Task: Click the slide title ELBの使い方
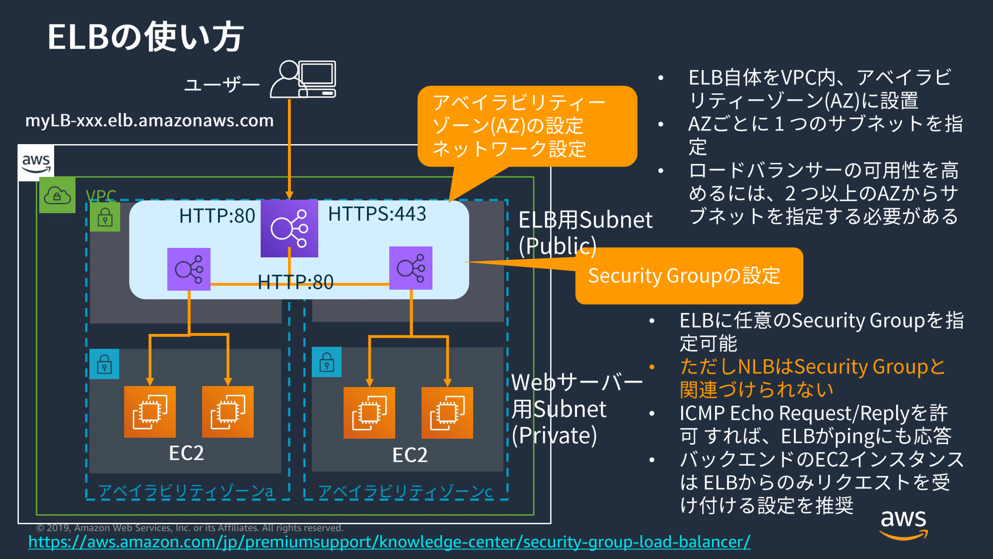tap(145, 37)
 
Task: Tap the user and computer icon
tap(303, 80)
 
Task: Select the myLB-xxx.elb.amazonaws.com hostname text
tap(149, 121)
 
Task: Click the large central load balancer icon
tap(289, 229)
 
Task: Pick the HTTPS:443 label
tap(377, 214)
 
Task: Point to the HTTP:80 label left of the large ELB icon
tap(217, 216)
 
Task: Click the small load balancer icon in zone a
tap(189, 269)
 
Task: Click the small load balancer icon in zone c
tap(411, 268)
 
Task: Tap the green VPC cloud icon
tap(57, 195)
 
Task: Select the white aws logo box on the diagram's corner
tap(36, 162)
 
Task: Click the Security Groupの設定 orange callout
tap(689, 276)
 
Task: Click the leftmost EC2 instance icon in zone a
tap(149, 412)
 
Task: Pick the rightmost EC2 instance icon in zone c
tap(447, 413)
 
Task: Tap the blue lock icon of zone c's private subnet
tap(326, 362)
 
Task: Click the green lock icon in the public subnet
tap(105, 218)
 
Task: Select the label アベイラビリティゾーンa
tap(185, 491)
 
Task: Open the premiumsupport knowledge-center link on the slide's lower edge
tap(389, 542)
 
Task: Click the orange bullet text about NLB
tap(812, 378)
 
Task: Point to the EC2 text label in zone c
tap(410, 455)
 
